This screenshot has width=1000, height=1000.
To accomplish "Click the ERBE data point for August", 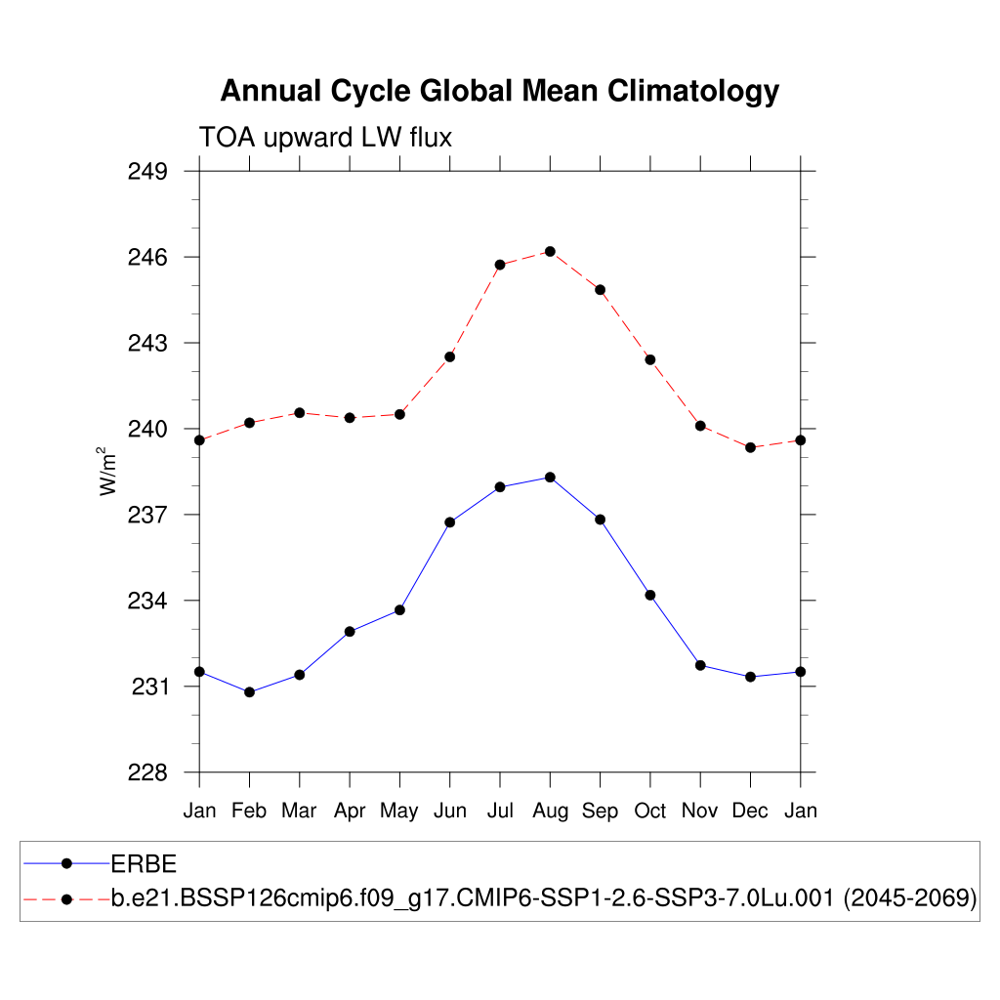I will pyautogui.click(x=550, y=477).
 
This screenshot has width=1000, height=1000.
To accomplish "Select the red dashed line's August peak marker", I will pyautogui.click(x=550, y=252).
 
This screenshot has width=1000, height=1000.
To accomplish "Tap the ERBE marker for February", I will pyautogui.click(x=249, y=692).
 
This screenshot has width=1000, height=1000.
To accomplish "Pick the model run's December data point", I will pyautogui.click(x=750, y=447).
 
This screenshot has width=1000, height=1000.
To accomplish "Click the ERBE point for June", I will pyautogui.click(x=450, y=522).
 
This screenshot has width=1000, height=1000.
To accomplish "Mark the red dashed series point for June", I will pyautogui.click(x=450, y=356).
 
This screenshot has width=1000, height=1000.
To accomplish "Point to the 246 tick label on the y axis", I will pyautogui.click(x=148, y=258).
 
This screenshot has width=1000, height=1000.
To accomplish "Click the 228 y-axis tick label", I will pyautogui.click(x=148, y=772).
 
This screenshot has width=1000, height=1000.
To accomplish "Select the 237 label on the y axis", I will pyautogui.click(x=148, y=515).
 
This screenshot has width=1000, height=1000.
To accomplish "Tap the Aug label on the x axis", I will pyautogui.click(x=550, y=811).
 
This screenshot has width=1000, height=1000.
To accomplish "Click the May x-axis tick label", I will pyautogui.click(x=399, y=811).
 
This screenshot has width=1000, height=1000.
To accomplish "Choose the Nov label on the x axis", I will pyautogui.click(x=700, y=811).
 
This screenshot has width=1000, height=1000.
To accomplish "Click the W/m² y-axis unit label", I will pyautogui.click(x=107, y=471).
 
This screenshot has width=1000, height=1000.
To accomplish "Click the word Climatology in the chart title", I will pyautogui.click(x=693, y=91).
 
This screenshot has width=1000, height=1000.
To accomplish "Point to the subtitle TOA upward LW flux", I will pyautogui.click(x=325, y=138).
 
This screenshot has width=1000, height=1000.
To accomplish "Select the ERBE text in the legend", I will pyautogui.click(x=143, y=863).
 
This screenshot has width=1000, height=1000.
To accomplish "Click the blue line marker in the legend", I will pyautogui.click(x=66, y=863).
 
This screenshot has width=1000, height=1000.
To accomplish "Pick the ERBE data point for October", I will pyautogui.click(x=650, y=595).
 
